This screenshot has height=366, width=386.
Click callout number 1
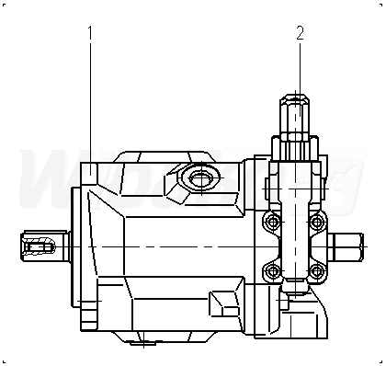(90, 32)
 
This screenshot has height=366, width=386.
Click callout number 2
(301, 33)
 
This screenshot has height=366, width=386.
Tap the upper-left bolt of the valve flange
(273, 222)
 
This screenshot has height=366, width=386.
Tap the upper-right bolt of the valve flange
(316, 222)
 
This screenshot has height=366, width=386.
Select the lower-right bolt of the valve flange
(316, 271)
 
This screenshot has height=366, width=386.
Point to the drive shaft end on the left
(44, 246)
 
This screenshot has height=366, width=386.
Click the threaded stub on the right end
(346, 246)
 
